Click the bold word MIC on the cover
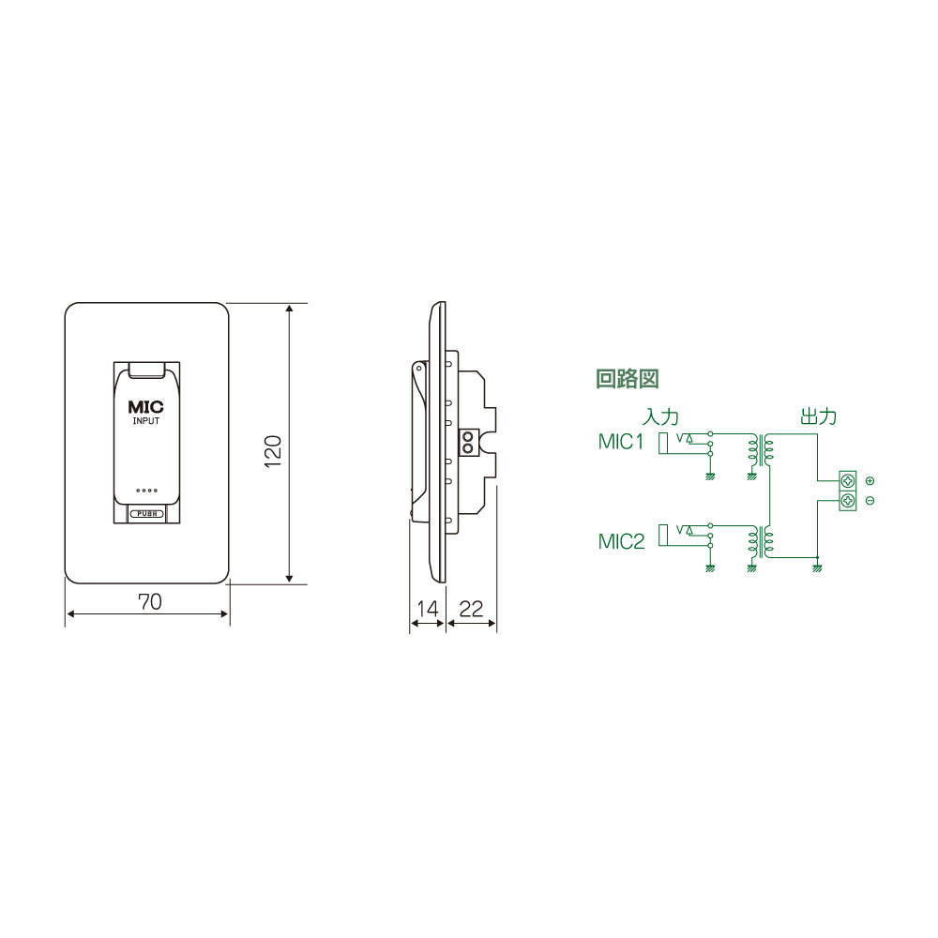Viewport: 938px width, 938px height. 145,408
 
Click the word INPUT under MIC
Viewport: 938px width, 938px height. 145,423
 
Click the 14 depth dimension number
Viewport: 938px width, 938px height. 427,609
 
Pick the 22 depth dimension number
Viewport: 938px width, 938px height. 472,609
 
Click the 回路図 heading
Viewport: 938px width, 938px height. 628,379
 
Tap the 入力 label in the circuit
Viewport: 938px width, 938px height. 660,416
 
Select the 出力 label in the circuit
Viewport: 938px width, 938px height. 818,416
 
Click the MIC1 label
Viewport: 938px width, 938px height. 622,442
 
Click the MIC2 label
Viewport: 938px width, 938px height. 622,541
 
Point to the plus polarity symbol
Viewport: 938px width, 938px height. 870,481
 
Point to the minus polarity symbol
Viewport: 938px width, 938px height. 870,501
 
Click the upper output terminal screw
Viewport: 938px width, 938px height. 847,481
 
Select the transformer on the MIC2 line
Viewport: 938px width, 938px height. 761,541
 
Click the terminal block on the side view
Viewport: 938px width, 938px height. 468,441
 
